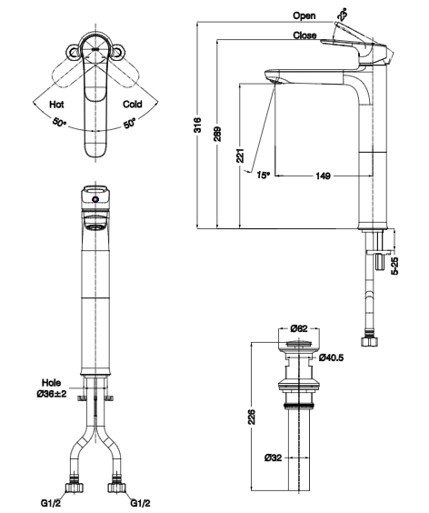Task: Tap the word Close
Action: pos(304,35)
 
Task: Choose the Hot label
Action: pos(56,105)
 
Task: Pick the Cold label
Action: pos(132,105)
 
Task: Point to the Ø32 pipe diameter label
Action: pos(274,457)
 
